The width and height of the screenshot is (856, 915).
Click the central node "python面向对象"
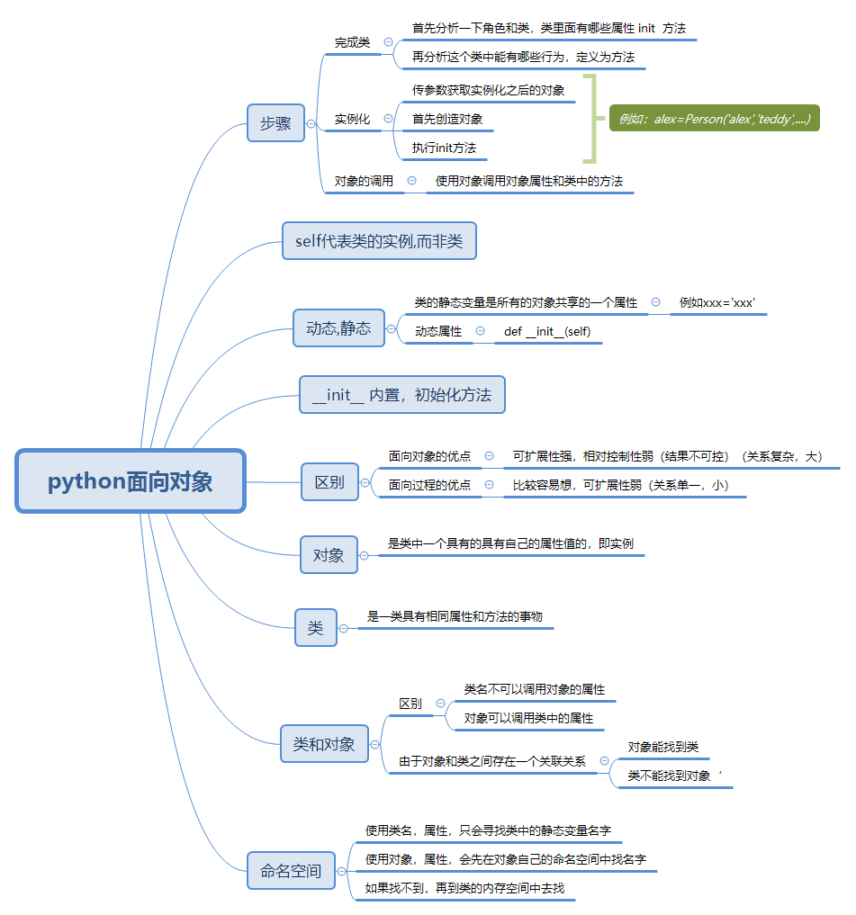(131, 481)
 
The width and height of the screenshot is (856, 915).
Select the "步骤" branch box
(275, 124)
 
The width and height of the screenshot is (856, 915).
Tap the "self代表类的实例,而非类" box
(379, 241)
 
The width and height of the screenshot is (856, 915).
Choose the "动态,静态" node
(338, 328)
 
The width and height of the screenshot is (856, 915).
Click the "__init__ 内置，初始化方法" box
(402, 395)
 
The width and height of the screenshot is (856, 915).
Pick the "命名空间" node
(291, 871)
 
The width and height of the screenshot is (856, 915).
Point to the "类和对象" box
(324, 744)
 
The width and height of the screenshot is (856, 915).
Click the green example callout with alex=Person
(714, 119)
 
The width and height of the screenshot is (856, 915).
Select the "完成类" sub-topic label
(352, 42)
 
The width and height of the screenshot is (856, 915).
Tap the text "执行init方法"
(444, 148)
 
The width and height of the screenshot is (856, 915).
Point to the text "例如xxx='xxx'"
(716, 302)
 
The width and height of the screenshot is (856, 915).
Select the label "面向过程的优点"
(429, 485)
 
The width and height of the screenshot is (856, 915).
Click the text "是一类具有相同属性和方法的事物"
(455, 616)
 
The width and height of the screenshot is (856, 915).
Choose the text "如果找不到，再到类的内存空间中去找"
(464, 888)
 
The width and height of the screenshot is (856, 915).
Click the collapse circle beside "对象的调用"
(411, 181)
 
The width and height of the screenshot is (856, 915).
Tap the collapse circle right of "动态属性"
(479, 332)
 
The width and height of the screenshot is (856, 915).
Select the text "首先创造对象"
(447, 119)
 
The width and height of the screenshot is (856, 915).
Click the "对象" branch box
(329, 555)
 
